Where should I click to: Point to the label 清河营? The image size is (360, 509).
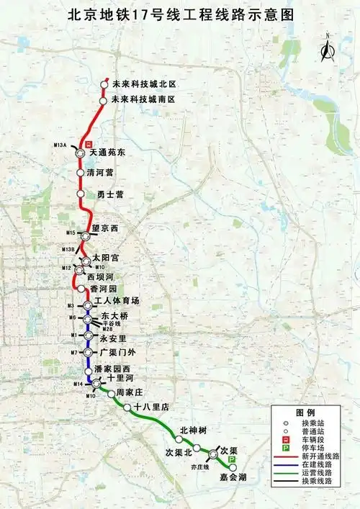point(100,173)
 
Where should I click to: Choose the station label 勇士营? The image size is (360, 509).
point(110,194)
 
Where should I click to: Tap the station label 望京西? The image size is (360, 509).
point(104,228)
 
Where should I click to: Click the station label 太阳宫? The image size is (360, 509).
point(105,256)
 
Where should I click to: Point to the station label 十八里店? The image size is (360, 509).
point(150,407)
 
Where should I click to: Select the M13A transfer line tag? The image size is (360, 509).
point(60,145)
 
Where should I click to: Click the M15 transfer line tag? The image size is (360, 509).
point(71,233)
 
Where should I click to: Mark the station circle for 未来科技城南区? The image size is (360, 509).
point(104,101)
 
